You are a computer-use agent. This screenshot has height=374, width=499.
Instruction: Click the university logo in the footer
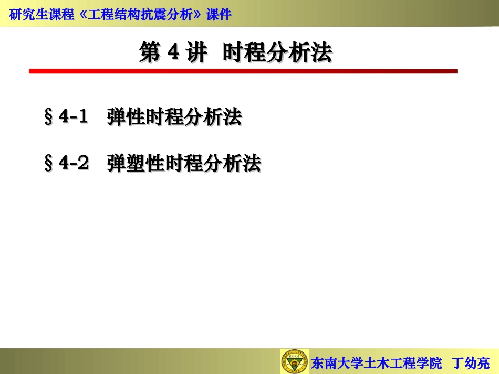(294, 361)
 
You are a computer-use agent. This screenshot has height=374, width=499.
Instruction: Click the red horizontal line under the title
(243, 71)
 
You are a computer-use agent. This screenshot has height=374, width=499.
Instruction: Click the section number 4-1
(73, 116)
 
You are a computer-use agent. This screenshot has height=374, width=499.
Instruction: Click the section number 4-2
(74, 164)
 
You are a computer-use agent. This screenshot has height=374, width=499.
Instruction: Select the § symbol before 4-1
(48, 117)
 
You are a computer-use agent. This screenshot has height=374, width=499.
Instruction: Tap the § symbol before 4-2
(48, 164)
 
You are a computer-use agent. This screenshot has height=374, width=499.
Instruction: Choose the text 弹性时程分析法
(174, 117)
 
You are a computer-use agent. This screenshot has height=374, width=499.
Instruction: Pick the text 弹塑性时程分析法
(184, 164)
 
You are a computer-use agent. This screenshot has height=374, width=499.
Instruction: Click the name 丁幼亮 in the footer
(471, 362)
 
